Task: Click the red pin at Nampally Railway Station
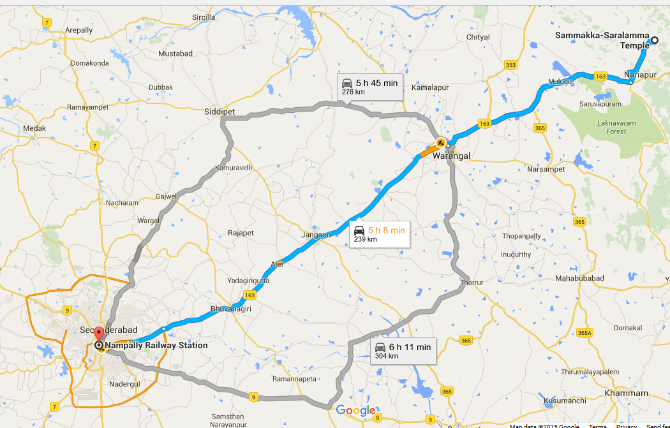click(x=98, y=335)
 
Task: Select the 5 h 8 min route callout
click(x=378, y=233)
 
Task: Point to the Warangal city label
click(x=451, y=156)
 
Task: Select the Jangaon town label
click(x=316, y=235)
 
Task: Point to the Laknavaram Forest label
click(x=611, y=127)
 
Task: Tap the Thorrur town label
click(x=472, y=282)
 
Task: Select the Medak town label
click(x=34, y=128)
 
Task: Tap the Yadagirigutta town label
click(x=248, y=281)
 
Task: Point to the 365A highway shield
click(x=584, y=333)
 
